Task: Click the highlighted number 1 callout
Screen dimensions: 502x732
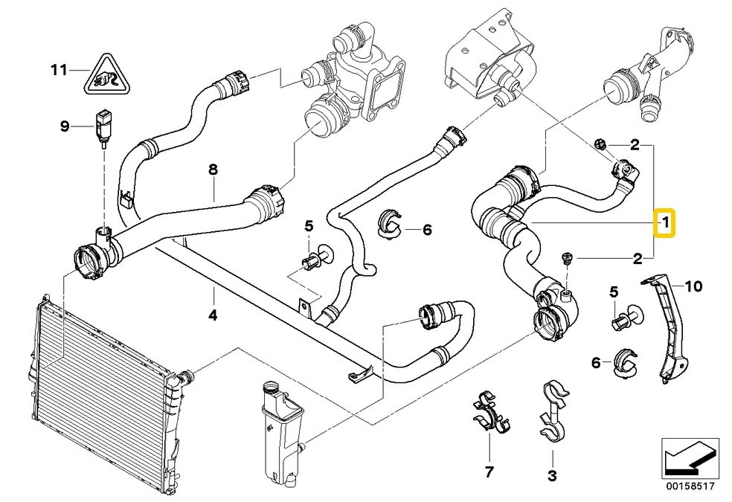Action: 664,222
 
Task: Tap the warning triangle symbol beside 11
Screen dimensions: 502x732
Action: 104,73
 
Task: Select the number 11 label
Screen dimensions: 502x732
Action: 59,71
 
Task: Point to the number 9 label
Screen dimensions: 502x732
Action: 65,126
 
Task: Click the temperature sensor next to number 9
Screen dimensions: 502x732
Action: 102,124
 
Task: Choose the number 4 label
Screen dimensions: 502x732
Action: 212,315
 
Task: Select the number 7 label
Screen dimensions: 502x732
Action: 489,471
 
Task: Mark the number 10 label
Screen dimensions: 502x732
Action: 693,285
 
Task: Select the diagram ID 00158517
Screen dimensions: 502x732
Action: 690,487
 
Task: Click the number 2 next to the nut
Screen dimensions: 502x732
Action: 635,144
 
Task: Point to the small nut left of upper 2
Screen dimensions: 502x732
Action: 602,144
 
